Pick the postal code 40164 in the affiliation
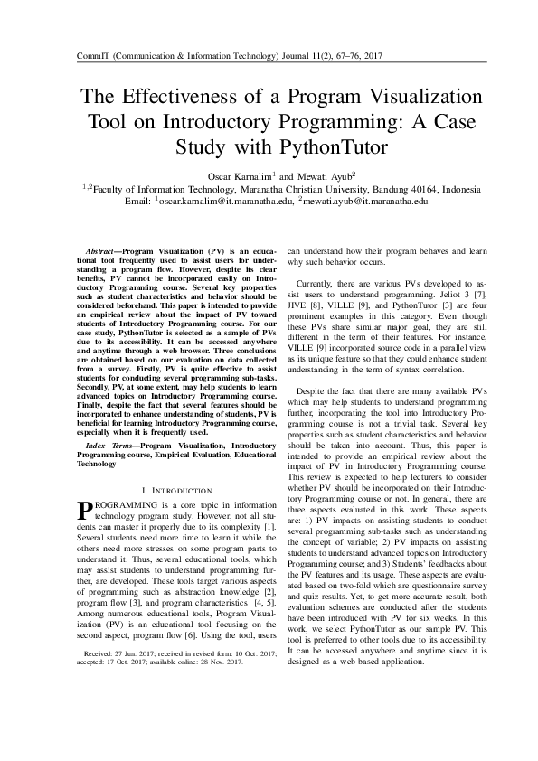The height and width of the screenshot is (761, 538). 400,188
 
